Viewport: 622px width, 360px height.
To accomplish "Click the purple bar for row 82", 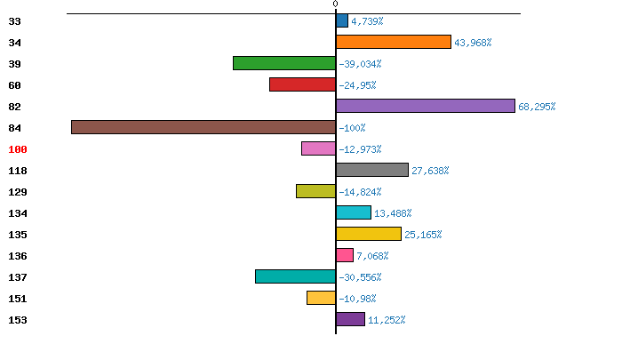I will coord(426,106).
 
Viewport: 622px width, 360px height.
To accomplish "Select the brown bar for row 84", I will coord(203,127).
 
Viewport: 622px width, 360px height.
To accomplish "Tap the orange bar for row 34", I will coord(394,42).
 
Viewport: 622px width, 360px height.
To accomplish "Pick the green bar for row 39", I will coord(284,63).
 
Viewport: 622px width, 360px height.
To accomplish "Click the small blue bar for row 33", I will coord(342,20).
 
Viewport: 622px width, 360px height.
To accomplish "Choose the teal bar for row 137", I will coord(295,276).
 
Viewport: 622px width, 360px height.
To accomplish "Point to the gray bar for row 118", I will coord(372,170).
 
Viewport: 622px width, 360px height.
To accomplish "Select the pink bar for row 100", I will coord(318,148).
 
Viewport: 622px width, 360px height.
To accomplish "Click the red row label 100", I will coord(18,149).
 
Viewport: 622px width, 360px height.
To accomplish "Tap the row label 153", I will coord(18,320).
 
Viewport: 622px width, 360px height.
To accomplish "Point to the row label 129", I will coord(18,192).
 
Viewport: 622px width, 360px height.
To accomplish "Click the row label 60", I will coord(14,85).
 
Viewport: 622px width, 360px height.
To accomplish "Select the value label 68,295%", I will coord(537,107).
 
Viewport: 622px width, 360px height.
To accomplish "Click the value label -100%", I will coord(352,128).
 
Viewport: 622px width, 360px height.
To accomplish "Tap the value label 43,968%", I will coord(473,43).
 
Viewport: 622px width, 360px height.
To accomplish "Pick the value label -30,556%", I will coord(361,277).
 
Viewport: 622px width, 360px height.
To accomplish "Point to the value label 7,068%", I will coord(373,256).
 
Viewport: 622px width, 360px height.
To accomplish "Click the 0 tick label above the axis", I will coord(335,4).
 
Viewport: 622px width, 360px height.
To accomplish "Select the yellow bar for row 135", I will coord(369,234).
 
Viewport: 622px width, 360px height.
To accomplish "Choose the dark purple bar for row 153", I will coord(350,319).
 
